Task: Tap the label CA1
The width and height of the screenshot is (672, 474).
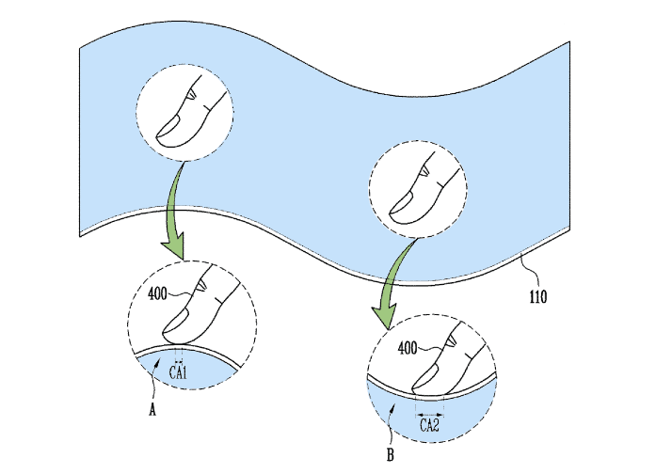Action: pyautogui.click(x=179, y=372)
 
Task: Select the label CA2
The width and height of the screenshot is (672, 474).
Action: pyautogui.click(x=430, y=426)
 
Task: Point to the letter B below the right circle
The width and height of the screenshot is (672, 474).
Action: pyautogui.click(x=389, y=457)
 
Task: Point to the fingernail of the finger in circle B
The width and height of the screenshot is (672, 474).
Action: pyautogui.click(x=424, y=377)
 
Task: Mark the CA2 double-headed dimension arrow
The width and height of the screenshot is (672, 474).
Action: pyautogui.click(x=430, y=412)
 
